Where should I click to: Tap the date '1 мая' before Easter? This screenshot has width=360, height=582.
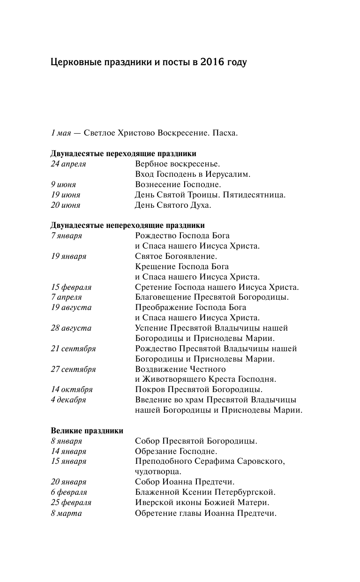click(x=60, y=133)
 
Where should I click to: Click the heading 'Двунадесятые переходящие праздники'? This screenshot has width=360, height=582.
click(x=123, y=154)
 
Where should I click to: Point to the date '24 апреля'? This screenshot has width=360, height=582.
click(x=68, y=164)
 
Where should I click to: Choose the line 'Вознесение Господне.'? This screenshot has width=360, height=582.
click(x=178, y=185)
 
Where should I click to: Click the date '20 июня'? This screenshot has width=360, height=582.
click(x=65, y=205)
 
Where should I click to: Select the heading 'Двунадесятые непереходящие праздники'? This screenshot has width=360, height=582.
click(x=127, y=226)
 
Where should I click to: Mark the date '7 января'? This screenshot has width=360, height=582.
click(x=66, y=236)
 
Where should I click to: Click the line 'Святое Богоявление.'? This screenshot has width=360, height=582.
click(x=176, y=257)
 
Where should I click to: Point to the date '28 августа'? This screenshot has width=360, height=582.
click(x=71, y=328)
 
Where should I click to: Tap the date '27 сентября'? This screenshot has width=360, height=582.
click(x=73, y=370)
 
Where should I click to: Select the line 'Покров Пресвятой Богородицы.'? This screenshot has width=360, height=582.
click(x=198, y=390)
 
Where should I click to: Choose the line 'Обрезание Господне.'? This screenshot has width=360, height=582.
click(x=176, y=452)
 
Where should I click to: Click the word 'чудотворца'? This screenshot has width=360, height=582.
click(x=157, y=472)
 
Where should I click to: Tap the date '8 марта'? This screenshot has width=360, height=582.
click(x=66, y=513)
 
